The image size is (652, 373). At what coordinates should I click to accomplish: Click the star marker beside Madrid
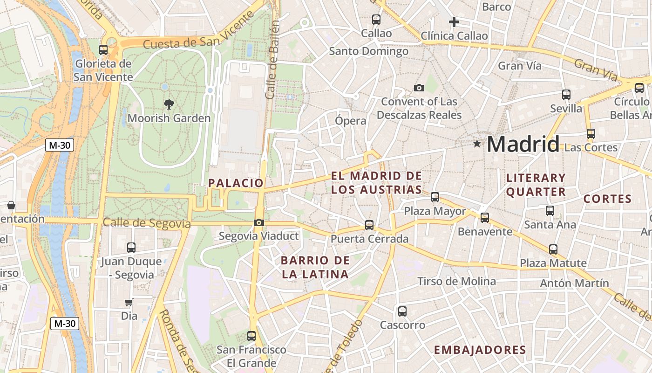pyautogui.click(x=477, y=144)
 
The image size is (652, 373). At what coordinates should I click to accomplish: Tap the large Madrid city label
pyautogui.click(x=523, y=144)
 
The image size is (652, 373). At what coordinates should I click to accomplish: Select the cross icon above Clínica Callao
pyautogui.click(x=454, y=22)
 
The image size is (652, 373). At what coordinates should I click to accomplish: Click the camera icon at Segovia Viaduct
pyautogui.click(x=259, y=223)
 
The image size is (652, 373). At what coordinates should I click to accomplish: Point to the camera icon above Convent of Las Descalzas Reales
pyautogui.click(x=419, y=88)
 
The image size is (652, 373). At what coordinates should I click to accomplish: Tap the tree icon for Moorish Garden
pyautogui.click(x=169, y=104)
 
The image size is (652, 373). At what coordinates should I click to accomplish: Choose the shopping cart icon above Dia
pyautogui.click(x=129, y=302)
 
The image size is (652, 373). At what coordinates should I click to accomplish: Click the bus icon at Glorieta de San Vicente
pyautogui.click(x=103, y=49)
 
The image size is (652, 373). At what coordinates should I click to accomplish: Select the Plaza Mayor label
pyautogui.click(x=435, y=211)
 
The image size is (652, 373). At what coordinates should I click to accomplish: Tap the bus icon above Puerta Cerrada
pyautogui.click(x=369, y=225)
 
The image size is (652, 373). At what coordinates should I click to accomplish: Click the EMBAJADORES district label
pyautogui.click(x=480, y=350)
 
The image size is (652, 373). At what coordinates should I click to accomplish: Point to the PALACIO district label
pyautogui.click(x=236, y=183)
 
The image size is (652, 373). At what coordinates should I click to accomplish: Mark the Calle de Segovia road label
pyautogui.click(x=147, y=223)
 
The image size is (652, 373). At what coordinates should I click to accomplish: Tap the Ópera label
pyautogui.click(x=351, y=121)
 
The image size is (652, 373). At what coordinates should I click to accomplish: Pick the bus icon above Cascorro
pyautogui.click(x=402, y=311)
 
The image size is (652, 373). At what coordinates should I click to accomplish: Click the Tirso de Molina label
pyautogui.click(x=456, y=281)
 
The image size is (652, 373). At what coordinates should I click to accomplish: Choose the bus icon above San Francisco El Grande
pyautogui.click(x=251, y=336)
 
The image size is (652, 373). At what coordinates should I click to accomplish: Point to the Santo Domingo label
pyautogui.click(x=369, y=51)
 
